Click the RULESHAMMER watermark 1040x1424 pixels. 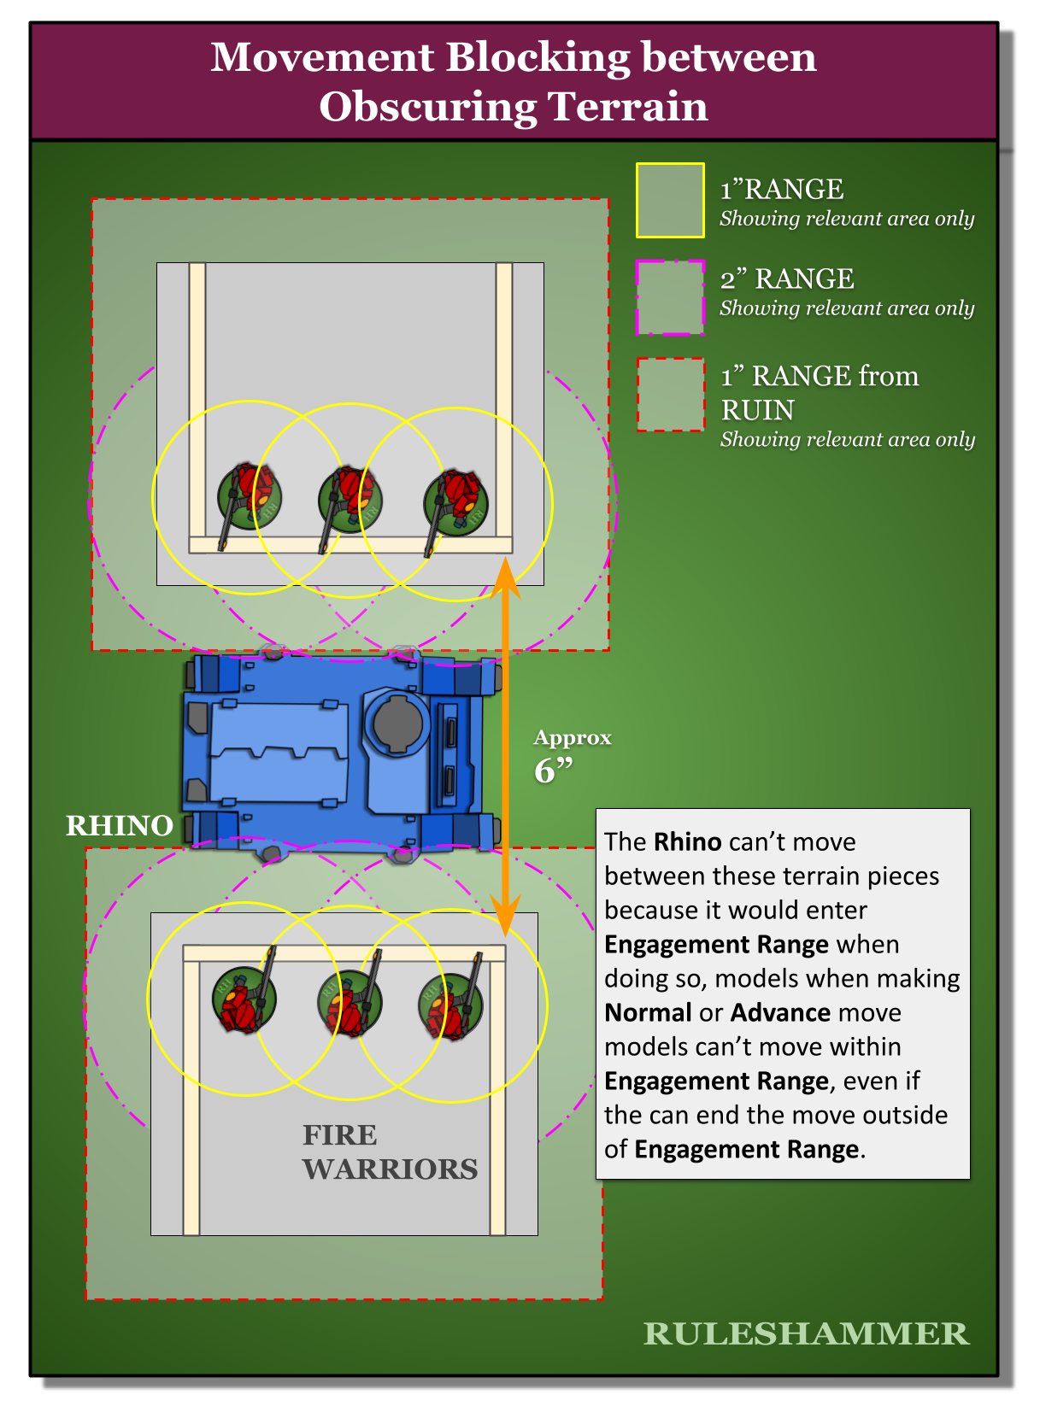(806, 1333)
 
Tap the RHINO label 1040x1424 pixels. (120, 826)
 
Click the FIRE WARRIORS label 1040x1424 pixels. (390, 1152)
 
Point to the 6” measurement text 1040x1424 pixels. (553, 771)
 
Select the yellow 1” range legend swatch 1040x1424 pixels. (670, 200)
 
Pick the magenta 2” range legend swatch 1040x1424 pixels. (670, 297)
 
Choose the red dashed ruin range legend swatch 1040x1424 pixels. (670, 394)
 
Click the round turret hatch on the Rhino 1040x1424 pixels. (397, 722)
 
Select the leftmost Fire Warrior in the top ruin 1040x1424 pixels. (249, 497)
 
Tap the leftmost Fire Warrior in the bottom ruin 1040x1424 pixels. (244, 999)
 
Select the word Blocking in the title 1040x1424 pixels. (538, 57)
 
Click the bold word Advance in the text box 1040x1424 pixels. (780, 1013)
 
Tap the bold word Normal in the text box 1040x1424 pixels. (647, 1013)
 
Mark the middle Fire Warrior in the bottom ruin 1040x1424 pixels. (350, 1004)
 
